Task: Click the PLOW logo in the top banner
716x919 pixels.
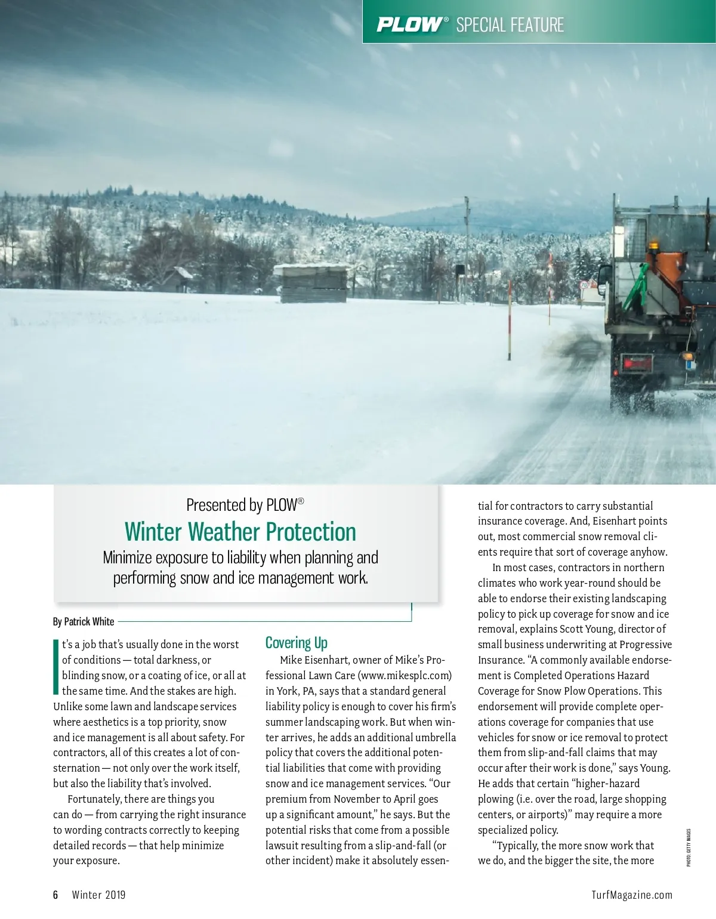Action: click(411, 24)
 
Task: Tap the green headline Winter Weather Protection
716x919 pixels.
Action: click(240, 532)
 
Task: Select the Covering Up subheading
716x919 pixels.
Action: click(296, 643)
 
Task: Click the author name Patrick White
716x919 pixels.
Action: click(89, 621)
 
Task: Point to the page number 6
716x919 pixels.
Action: click(55, 895)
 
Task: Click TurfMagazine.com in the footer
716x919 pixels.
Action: click(632, 895)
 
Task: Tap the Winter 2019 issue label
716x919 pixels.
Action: click(98, 895)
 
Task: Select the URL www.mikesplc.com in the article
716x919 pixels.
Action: click(405, 676)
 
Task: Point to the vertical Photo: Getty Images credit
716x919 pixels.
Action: click(688, 847)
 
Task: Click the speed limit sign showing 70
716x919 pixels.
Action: click(584, 285)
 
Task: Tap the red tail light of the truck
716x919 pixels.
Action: click(637, 362)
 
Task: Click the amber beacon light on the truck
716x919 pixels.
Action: click(654, 245)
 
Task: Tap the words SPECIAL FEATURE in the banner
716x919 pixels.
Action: click(510, 24)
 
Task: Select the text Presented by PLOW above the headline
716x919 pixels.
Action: click(245, 505)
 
